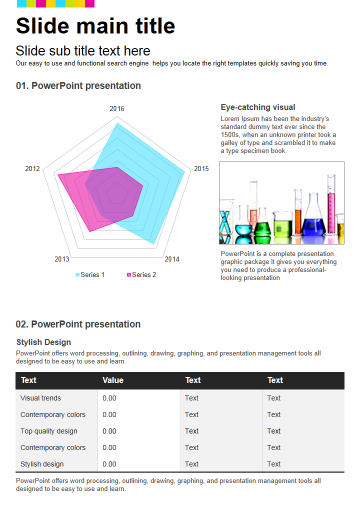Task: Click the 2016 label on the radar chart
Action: pos(117,108)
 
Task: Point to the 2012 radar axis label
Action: pos(32,168)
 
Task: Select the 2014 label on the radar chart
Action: pos(172,259)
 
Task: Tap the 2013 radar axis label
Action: pos(62,259)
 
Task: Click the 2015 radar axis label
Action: pos(201,168)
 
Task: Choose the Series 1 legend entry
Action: pos(90,274)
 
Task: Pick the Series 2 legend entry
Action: pos(141,274)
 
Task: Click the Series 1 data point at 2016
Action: pos(117,123)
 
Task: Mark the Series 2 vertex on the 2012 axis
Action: pos(58,175)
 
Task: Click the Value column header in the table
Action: pos(113,380)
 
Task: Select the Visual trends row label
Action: pos(40,398)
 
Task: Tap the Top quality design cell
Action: pos(48,431)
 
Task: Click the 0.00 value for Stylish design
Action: pos(109,464)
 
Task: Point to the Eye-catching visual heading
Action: pos(258,107)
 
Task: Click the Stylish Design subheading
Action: pos(43,342)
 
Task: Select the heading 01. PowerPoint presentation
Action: pos(78,85)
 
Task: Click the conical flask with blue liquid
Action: pos(313,220)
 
